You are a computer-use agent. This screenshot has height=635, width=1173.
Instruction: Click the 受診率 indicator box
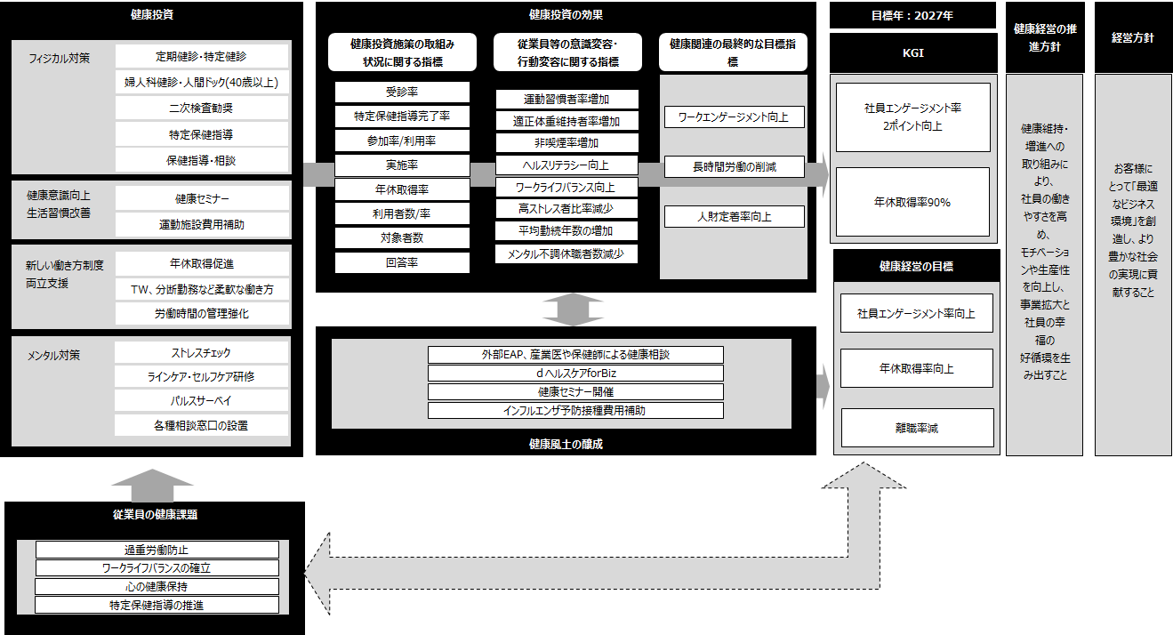point(402,92)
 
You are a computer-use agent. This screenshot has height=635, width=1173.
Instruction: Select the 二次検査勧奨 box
point(202,108)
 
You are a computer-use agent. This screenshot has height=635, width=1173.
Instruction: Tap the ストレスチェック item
point(202,353)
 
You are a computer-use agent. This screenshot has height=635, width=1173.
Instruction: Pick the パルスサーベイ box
point(202,401)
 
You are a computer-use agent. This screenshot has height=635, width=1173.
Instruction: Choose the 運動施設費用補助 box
point(202,224)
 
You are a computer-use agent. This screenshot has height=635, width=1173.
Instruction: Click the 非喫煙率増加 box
point(566,142)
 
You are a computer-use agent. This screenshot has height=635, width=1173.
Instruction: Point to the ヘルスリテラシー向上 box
point(566,165)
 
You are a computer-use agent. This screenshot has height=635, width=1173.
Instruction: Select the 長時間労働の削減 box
point(735,166)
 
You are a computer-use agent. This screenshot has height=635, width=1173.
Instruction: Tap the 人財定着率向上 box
point(735,216)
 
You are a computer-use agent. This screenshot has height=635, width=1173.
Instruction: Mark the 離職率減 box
point(916,428)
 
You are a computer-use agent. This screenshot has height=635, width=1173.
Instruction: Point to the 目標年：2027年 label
point(912,15)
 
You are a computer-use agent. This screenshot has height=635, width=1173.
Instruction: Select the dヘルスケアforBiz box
point(575,374)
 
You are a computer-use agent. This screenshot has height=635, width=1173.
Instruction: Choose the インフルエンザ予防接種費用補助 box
point(575,410)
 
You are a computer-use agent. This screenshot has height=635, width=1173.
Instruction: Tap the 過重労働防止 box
point(157,550)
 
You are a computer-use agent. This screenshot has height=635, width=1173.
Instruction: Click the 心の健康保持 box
point(157,586)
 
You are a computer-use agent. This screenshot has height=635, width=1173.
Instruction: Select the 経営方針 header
point(1133,38)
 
